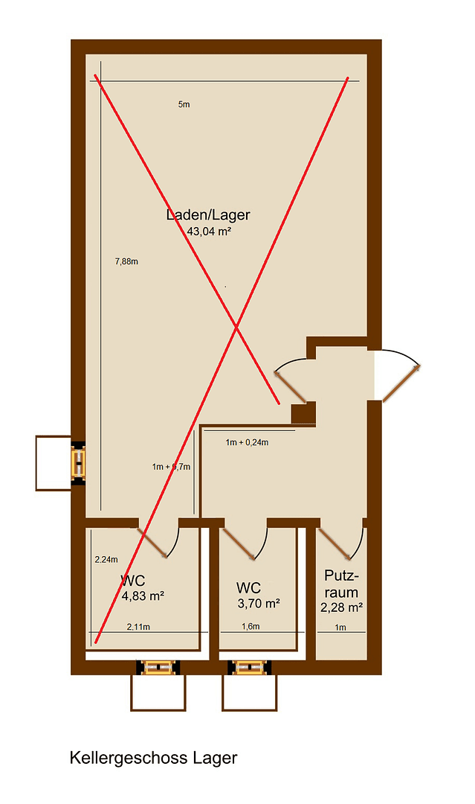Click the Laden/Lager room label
point(208,215)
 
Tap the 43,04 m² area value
point(209,232)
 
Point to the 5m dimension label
point(184,105)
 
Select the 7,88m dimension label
point(126,261)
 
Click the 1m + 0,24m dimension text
point(247,443)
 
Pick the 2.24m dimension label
point(107,559)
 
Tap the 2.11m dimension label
point(138,627)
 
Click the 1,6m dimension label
point(251,627)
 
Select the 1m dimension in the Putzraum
point(340,628)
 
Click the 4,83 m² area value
point(143,596)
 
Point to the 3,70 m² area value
point(258,604)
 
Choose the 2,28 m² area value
point(341,607)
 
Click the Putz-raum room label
point(342,584)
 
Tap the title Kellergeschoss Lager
point(153,759)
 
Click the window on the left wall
point(78,462)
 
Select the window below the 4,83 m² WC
point(157,667)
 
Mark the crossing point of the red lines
point(236,326)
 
